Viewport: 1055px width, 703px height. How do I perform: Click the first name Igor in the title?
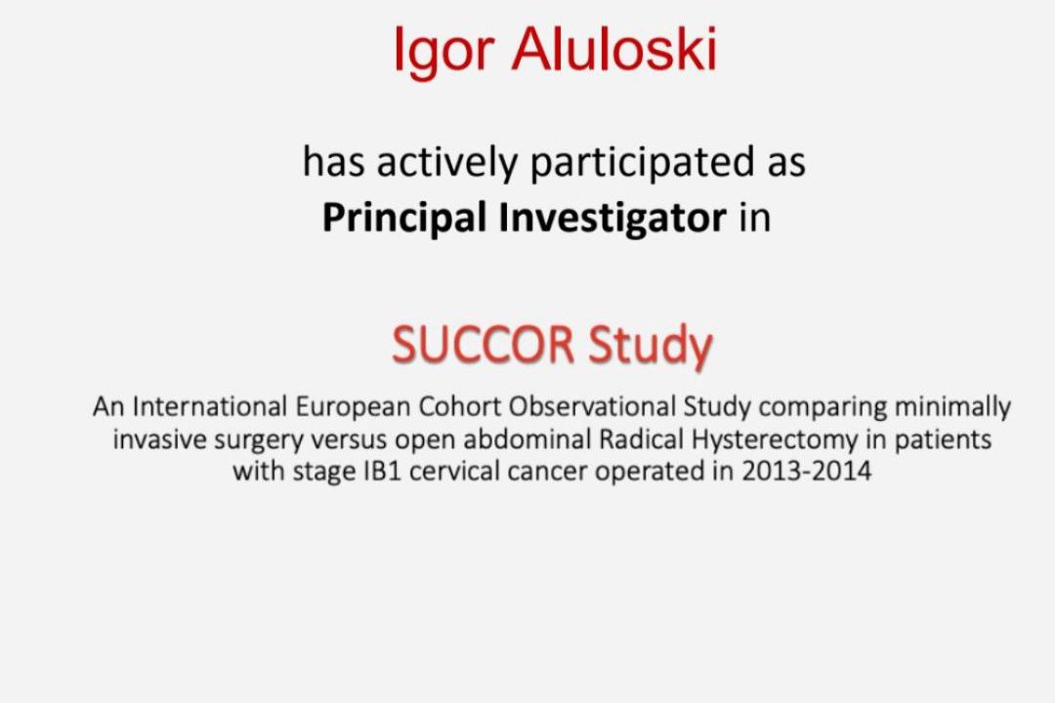tap(444, 52)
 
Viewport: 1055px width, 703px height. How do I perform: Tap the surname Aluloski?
tap(615, 49)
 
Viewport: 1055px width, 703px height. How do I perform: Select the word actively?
tap(447, 163)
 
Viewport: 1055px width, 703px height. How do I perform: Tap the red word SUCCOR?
tap(484, 345)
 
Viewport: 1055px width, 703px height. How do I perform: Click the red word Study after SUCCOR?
tap(650, 347)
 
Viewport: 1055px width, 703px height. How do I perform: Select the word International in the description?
tap(210, 406)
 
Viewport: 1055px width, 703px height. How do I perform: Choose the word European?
tap(353, 408)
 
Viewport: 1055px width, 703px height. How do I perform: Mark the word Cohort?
tap(460, 406)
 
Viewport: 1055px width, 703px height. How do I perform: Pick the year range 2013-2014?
tap(807, 471)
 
